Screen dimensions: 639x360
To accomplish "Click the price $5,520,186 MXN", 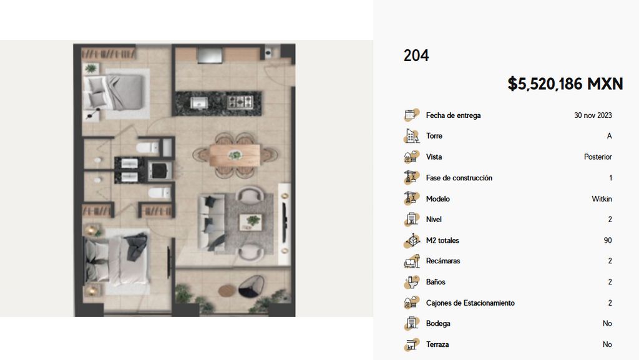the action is click(x=565, y=84).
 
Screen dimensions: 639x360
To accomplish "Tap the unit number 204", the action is click(x=416, y=56).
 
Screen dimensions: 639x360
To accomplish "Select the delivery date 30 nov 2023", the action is click(x=593, y=115).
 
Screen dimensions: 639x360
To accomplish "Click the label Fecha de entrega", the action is click(x=453, y=115).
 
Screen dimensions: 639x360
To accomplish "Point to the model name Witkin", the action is click(x=602, y=199).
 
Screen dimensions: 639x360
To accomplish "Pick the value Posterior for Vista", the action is click(x=598, y=157).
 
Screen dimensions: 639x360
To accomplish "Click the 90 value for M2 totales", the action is click(x=608, y=240).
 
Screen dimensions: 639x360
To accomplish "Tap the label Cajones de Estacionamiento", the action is click(x=471, y=303).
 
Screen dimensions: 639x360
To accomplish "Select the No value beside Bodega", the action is click(x=607, y=323).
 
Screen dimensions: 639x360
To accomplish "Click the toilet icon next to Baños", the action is click(x=412, y=282).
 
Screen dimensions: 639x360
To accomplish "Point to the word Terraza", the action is click(x=437, y=344).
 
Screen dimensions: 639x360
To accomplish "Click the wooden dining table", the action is click(x=235, y=155).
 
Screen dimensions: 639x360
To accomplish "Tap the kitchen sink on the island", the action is click(x=198, y=102).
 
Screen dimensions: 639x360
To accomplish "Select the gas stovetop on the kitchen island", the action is click(x=240, y=102).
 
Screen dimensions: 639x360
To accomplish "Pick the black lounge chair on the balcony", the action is click(x=251, y=286).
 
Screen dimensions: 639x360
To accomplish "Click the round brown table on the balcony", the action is click(x=227, y=290).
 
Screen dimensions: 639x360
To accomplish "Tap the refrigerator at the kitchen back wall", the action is click(x=210, y=56).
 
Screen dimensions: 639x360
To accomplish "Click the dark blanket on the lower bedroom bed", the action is click(x=137, y=246).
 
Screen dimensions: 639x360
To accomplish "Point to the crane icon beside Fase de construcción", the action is click(x=411, y=178).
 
